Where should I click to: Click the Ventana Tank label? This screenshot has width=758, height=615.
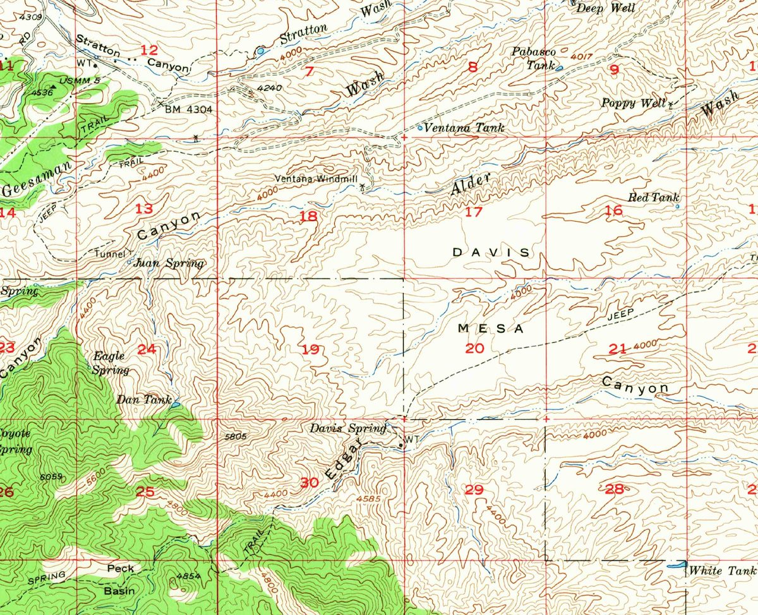[464, 128]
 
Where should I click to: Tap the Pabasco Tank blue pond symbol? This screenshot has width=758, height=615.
[560, 66]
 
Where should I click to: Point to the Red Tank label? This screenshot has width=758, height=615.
[653, 198]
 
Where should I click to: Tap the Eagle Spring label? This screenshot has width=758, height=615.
[111, 363]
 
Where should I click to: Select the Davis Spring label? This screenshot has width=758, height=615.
[347, 429]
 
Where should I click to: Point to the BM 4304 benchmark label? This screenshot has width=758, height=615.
[188, 109]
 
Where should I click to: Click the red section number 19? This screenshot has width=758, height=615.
[311, 349]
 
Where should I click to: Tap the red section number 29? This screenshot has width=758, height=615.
[473, 489]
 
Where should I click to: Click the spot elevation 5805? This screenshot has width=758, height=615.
[234, 436]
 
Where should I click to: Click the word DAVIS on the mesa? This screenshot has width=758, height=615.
[491, 252]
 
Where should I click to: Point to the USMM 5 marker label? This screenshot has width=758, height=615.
[79, 81]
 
